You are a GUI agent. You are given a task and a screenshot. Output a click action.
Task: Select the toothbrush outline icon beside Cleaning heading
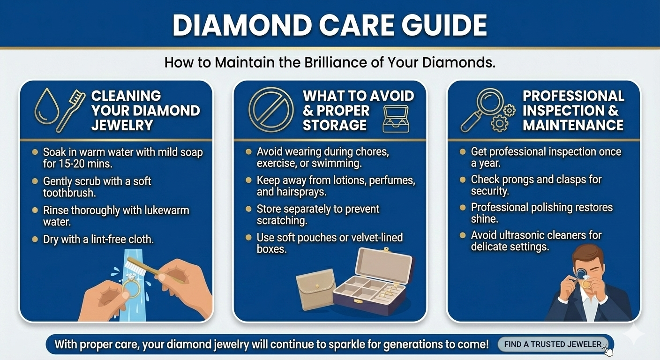(x=71, y=111)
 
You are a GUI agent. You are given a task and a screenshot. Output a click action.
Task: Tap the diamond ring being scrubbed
(x=131, y=285)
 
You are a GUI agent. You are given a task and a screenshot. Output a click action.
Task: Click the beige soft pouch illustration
(x=315, y=289)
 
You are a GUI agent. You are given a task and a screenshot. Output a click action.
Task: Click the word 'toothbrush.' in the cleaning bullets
(x=69, y=193)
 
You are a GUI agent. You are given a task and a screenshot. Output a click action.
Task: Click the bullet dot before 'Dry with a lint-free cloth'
(x=35, y=239)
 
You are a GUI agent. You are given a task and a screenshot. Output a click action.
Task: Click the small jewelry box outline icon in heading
(x=396, y=119)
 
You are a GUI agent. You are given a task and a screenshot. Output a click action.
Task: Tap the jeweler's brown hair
(x=587, y=255)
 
